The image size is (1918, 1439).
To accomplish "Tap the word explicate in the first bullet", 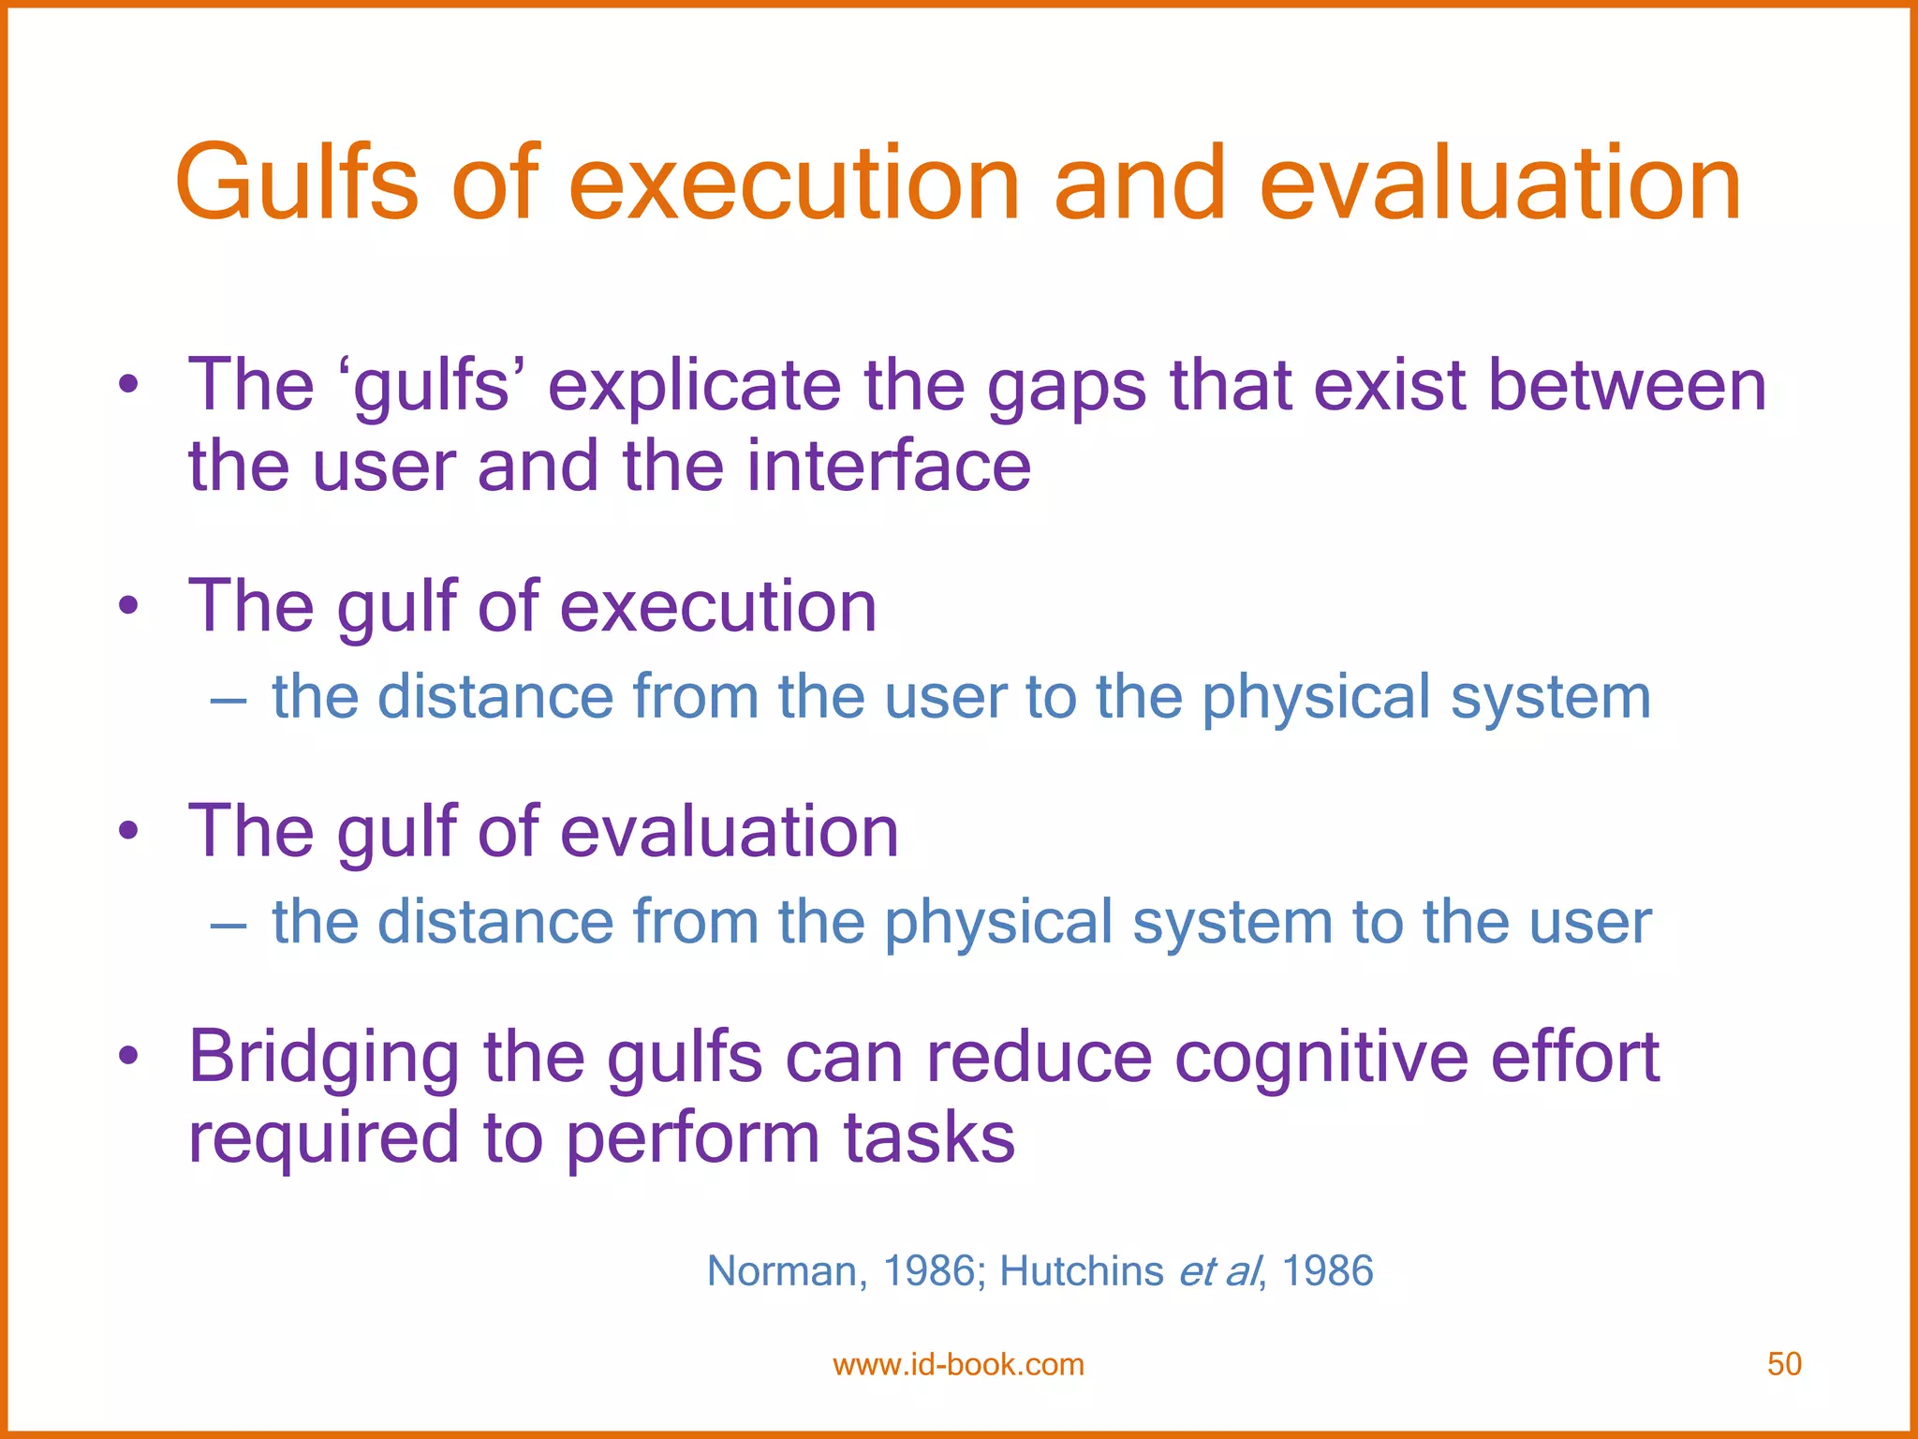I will click(x=694, y=386).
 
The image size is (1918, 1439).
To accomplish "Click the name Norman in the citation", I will click(x=781, y=1271).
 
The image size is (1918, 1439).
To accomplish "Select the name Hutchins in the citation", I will click(x=1081, y=1271).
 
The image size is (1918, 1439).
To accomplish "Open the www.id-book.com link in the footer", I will click(x=958, y=1364).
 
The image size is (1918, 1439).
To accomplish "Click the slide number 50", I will click(x=1784, y=1364).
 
